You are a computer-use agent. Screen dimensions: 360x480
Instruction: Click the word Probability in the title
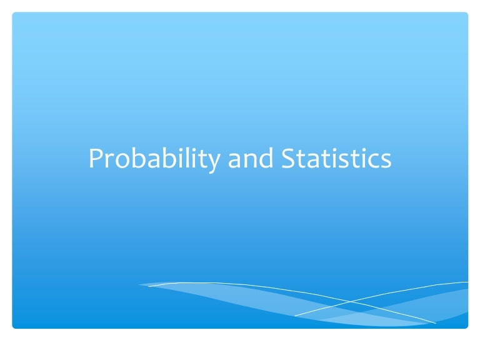click(x=153, y=159)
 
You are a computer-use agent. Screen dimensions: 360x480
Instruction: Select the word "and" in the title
click(x=251, y=159)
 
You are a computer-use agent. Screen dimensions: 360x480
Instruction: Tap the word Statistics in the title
click(x=336, y=159)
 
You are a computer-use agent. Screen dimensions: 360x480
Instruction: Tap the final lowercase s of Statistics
click(x=386, y=161)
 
